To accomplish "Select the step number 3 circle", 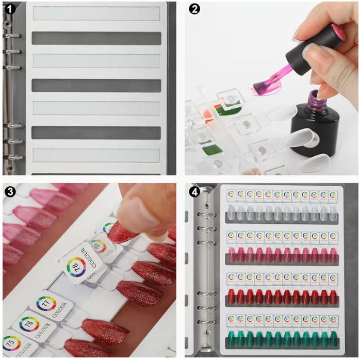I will [x=10, y=191].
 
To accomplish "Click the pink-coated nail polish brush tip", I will [x=263, y=86].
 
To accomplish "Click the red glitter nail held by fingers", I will [x=123, y=232].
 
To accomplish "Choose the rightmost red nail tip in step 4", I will [x=333, y=297].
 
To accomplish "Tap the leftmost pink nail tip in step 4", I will [x=231, y=255].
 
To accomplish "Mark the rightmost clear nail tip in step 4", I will [x=333, y=213].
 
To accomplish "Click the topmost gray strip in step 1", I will [x=96, y=38].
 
